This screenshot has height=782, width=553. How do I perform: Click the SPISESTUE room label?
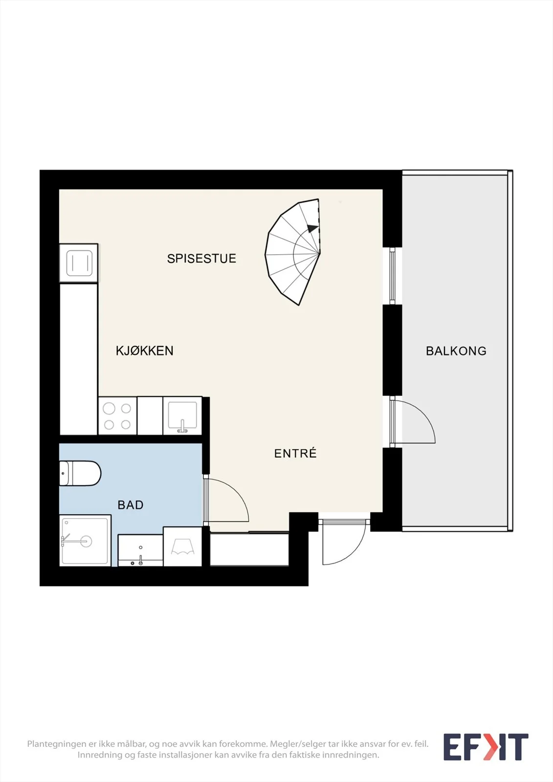201,259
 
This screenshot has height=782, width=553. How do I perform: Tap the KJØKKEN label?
145,350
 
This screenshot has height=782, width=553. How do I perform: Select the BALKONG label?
456,351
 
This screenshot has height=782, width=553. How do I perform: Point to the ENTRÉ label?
295,453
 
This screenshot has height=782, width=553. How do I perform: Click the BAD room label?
131,505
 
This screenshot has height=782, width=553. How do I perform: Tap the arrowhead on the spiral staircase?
312,228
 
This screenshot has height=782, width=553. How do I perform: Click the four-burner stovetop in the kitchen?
117,416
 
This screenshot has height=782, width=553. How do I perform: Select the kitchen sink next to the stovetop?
182,416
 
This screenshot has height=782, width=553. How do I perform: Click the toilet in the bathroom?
80,474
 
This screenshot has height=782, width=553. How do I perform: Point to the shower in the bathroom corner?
85,541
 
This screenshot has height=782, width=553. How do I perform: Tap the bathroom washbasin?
140,550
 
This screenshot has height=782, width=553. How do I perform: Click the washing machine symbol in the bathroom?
183,547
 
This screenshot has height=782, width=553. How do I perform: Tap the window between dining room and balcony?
392,276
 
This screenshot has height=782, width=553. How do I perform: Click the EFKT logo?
486,747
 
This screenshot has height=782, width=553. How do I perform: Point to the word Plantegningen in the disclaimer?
56,744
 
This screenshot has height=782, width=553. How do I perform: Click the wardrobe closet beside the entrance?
249,549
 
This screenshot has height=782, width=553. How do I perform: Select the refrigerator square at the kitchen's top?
79,263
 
